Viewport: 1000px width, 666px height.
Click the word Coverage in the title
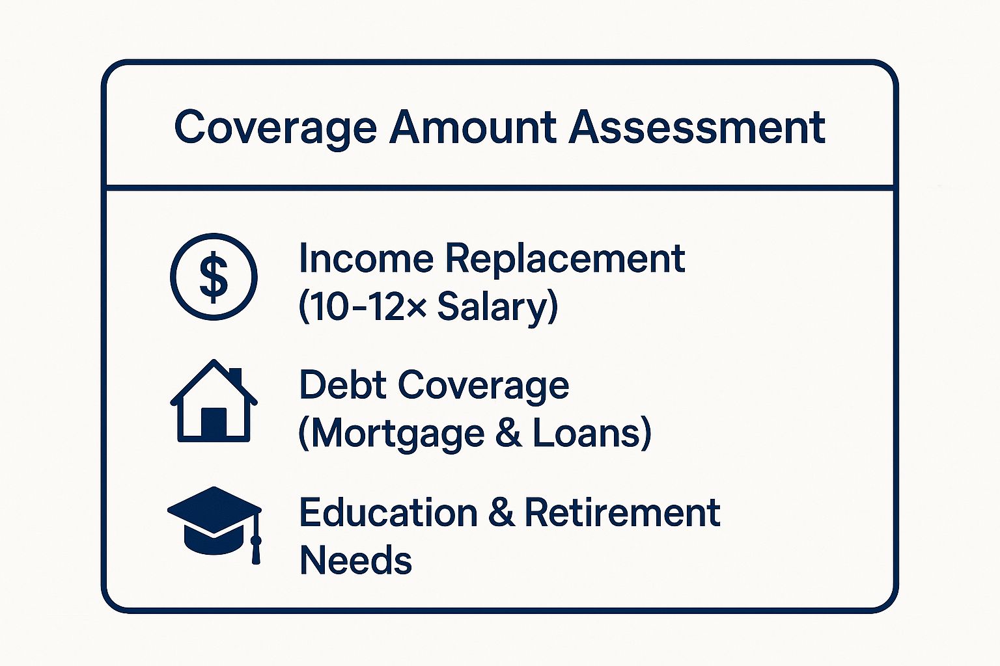point(276,129)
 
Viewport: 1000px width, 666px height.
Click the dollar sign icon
point(214,276)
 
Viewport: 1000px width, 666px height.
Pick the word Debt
point(343,384)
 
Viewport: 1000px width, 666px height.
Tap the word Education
point(389,513)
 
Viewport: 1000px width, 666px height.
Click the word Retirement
point(622,513)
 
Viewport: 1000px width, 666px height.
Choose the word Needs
point(355,560)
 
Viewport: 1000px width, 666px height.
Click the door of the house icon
point(214,423)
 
